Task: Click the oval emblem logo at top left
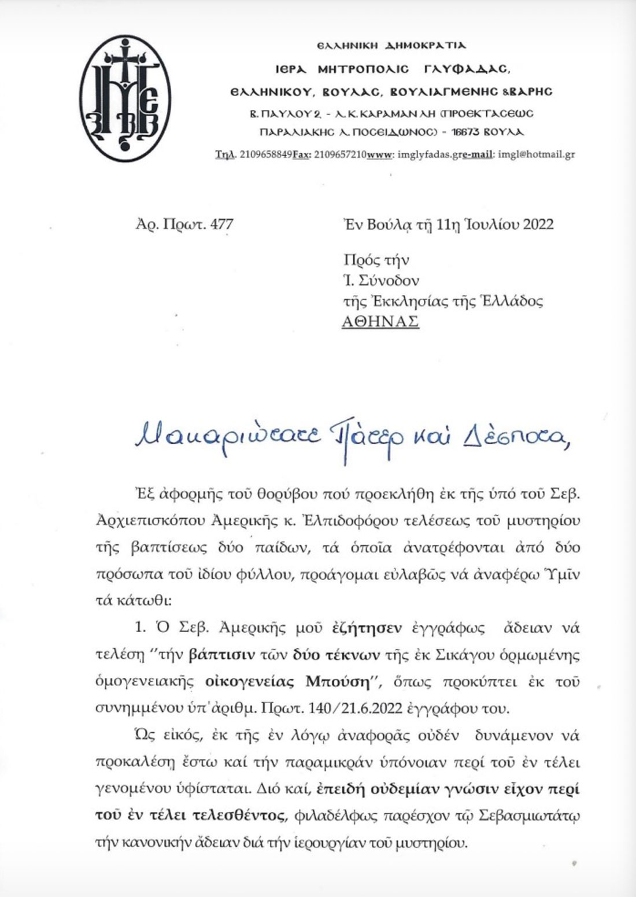pos(125,98)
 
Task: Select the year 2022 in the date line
pos(538,224)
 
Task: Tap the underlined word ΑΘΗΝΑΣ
pos(380,322)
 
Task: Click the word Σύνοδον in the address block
pos(388,280)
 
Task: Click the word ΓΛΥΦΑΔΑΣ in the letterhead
pos(467,69)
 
